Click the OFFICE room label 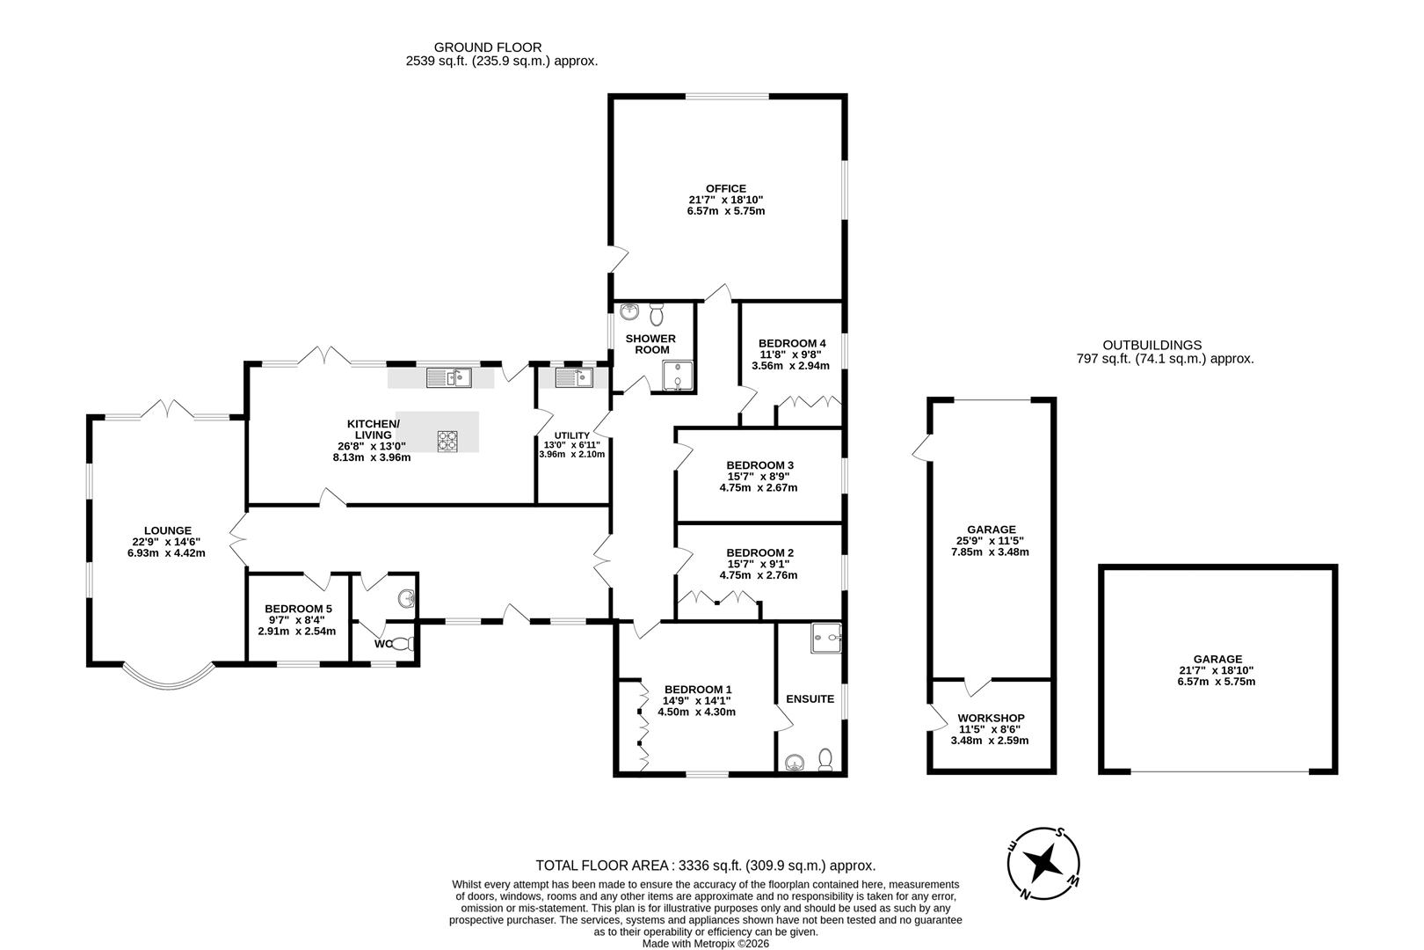(725, 188)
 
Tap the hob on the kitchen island (447, 441)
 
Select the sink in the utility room (574, 378)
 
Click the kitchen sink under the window (449, 378)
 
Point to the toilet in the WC (403, 644)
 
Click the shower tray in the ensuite (825, 639)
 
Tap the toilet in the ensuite (825, 759)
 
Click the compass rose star (1043, 864)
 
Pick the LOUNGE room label (167, 530)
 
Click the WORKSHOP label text (991, 719)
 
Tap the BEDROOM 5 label (298, 609)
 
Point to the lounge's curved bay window (168, 683)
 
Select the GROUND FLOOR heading (488, 47)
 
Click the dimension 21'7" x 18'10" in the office (726, 199)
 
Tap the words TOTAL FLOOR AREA (602, 866)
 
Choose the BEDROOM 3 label (759, 465)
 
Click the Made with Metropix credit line (706, 944)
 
